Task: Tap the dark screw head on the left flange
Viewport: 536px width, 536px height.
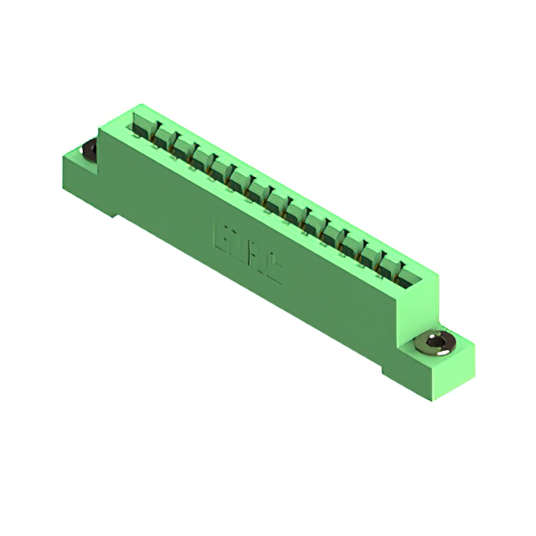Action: (x=87, y=151)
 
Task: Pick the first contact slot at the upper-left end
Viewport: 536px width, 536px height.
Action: (x=143, y=125)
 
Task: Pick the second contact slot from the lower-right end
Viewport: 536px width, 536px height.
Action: (x=390, y=263)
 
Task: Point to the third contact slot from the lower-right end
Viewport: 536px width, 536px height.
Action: (x=371, y=251)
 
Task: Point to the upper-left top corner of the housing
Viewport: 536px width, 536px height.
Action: (x=134, y=106)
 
